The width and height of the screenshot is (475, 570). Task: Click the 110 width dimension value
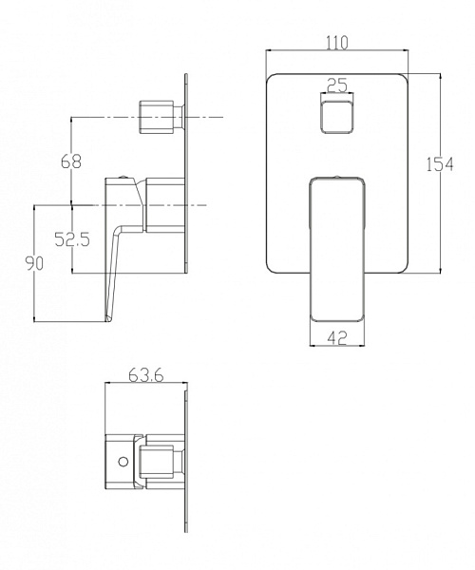[x=337, y=43]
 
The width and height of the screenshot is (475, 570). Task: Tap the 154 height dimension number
[x=440, y=164]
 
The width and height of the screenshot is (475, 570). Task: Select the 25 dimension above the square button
[x=337, y=85]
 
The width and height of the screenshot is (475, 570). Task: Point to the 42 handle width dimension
[x=337, y=338]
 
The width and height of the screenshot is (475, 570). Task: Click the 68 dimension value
[x=71, y=161]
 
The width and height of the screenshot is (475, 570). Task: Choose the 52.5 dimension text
[x=72, y=239]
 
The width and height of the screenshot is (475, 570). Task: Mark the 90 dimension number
[x=34, y=263]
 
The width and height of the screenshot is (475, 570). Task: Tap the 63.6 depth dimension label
[x=146, y=375]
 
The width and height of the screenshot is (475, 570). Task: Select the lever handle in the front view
[x=337, y=249]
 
